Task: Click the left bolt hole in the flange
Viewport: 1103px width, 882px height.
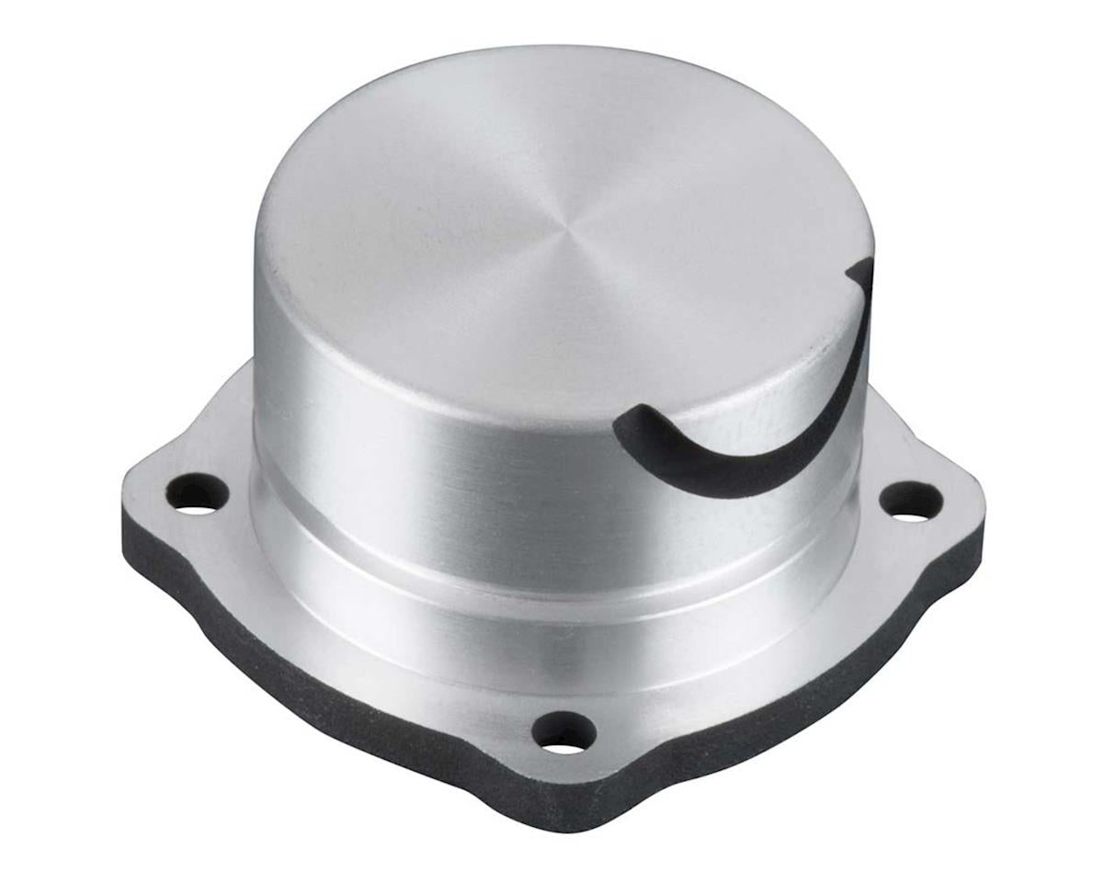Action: point(197,494)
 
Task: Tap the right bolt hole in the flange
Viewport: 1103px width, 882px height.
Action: point(910,501)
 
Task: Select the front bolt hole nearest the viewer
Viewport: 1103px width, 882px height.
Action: point(563,732)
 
